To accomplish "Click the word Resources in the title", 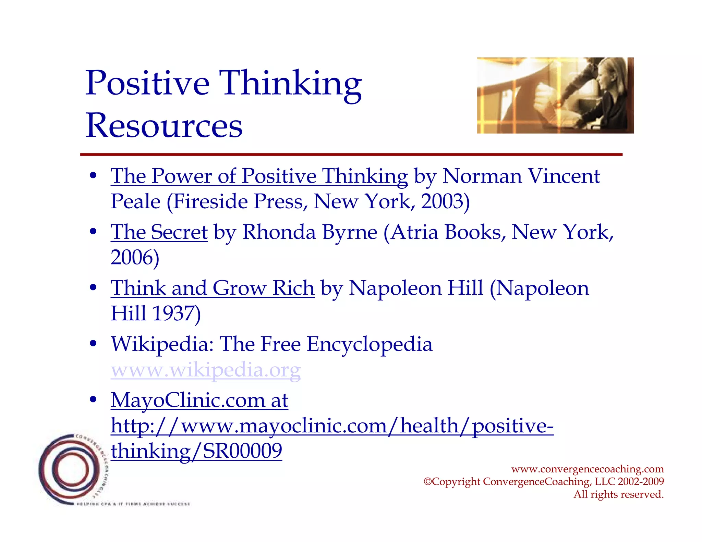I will (x=164, y=126).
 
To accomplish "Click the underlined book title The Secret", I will (x=159, y=232).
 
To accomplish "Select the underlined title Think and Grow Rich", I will (x=213, y=288).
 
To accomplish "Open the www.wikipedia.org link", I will (x=206, y=370).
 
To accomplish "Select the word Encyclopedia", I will (x=370, y=344).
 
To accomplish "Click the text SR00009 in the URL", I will (x=242, y=451).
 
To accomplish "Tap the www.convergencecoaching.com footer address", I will (x=588, y=469).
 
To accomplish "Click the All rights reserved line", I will (x=619, y=494).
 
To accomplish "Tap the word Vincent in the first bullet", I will (x=564, y=176).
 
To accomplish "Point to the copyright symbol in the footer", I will (x=427, y=482).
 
